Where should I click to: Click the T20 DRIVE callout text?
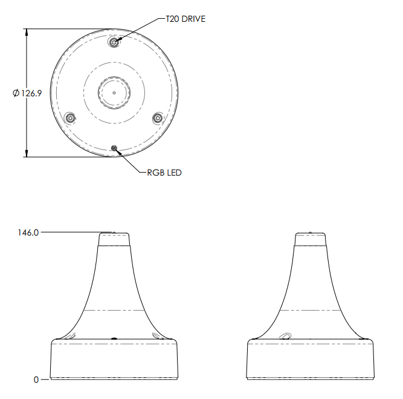(185, 19)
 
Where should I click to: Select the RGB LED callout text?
(164, 173)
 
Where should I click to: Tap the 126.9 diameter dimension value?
(31, 93)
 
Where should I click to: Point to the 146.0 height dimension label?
(28, 232)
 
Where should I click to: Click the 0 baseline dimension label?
(36, 380)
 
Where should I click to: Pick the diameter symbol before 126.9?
(16, 93)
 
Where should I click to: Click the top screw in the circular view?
(114, 42)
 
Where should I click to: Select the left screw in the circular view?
(70, 117)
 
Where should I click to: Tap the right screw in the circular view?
(158, 117)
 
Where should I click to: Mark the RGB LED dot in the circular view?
(114, 147)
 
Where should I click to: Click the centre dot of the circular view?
(114, 93)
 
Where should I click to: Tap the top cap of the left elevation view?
(114, 239)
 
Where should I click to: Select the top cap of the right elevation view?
(311, 239)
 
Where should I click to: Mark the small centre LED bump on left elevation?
(114, 338)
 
